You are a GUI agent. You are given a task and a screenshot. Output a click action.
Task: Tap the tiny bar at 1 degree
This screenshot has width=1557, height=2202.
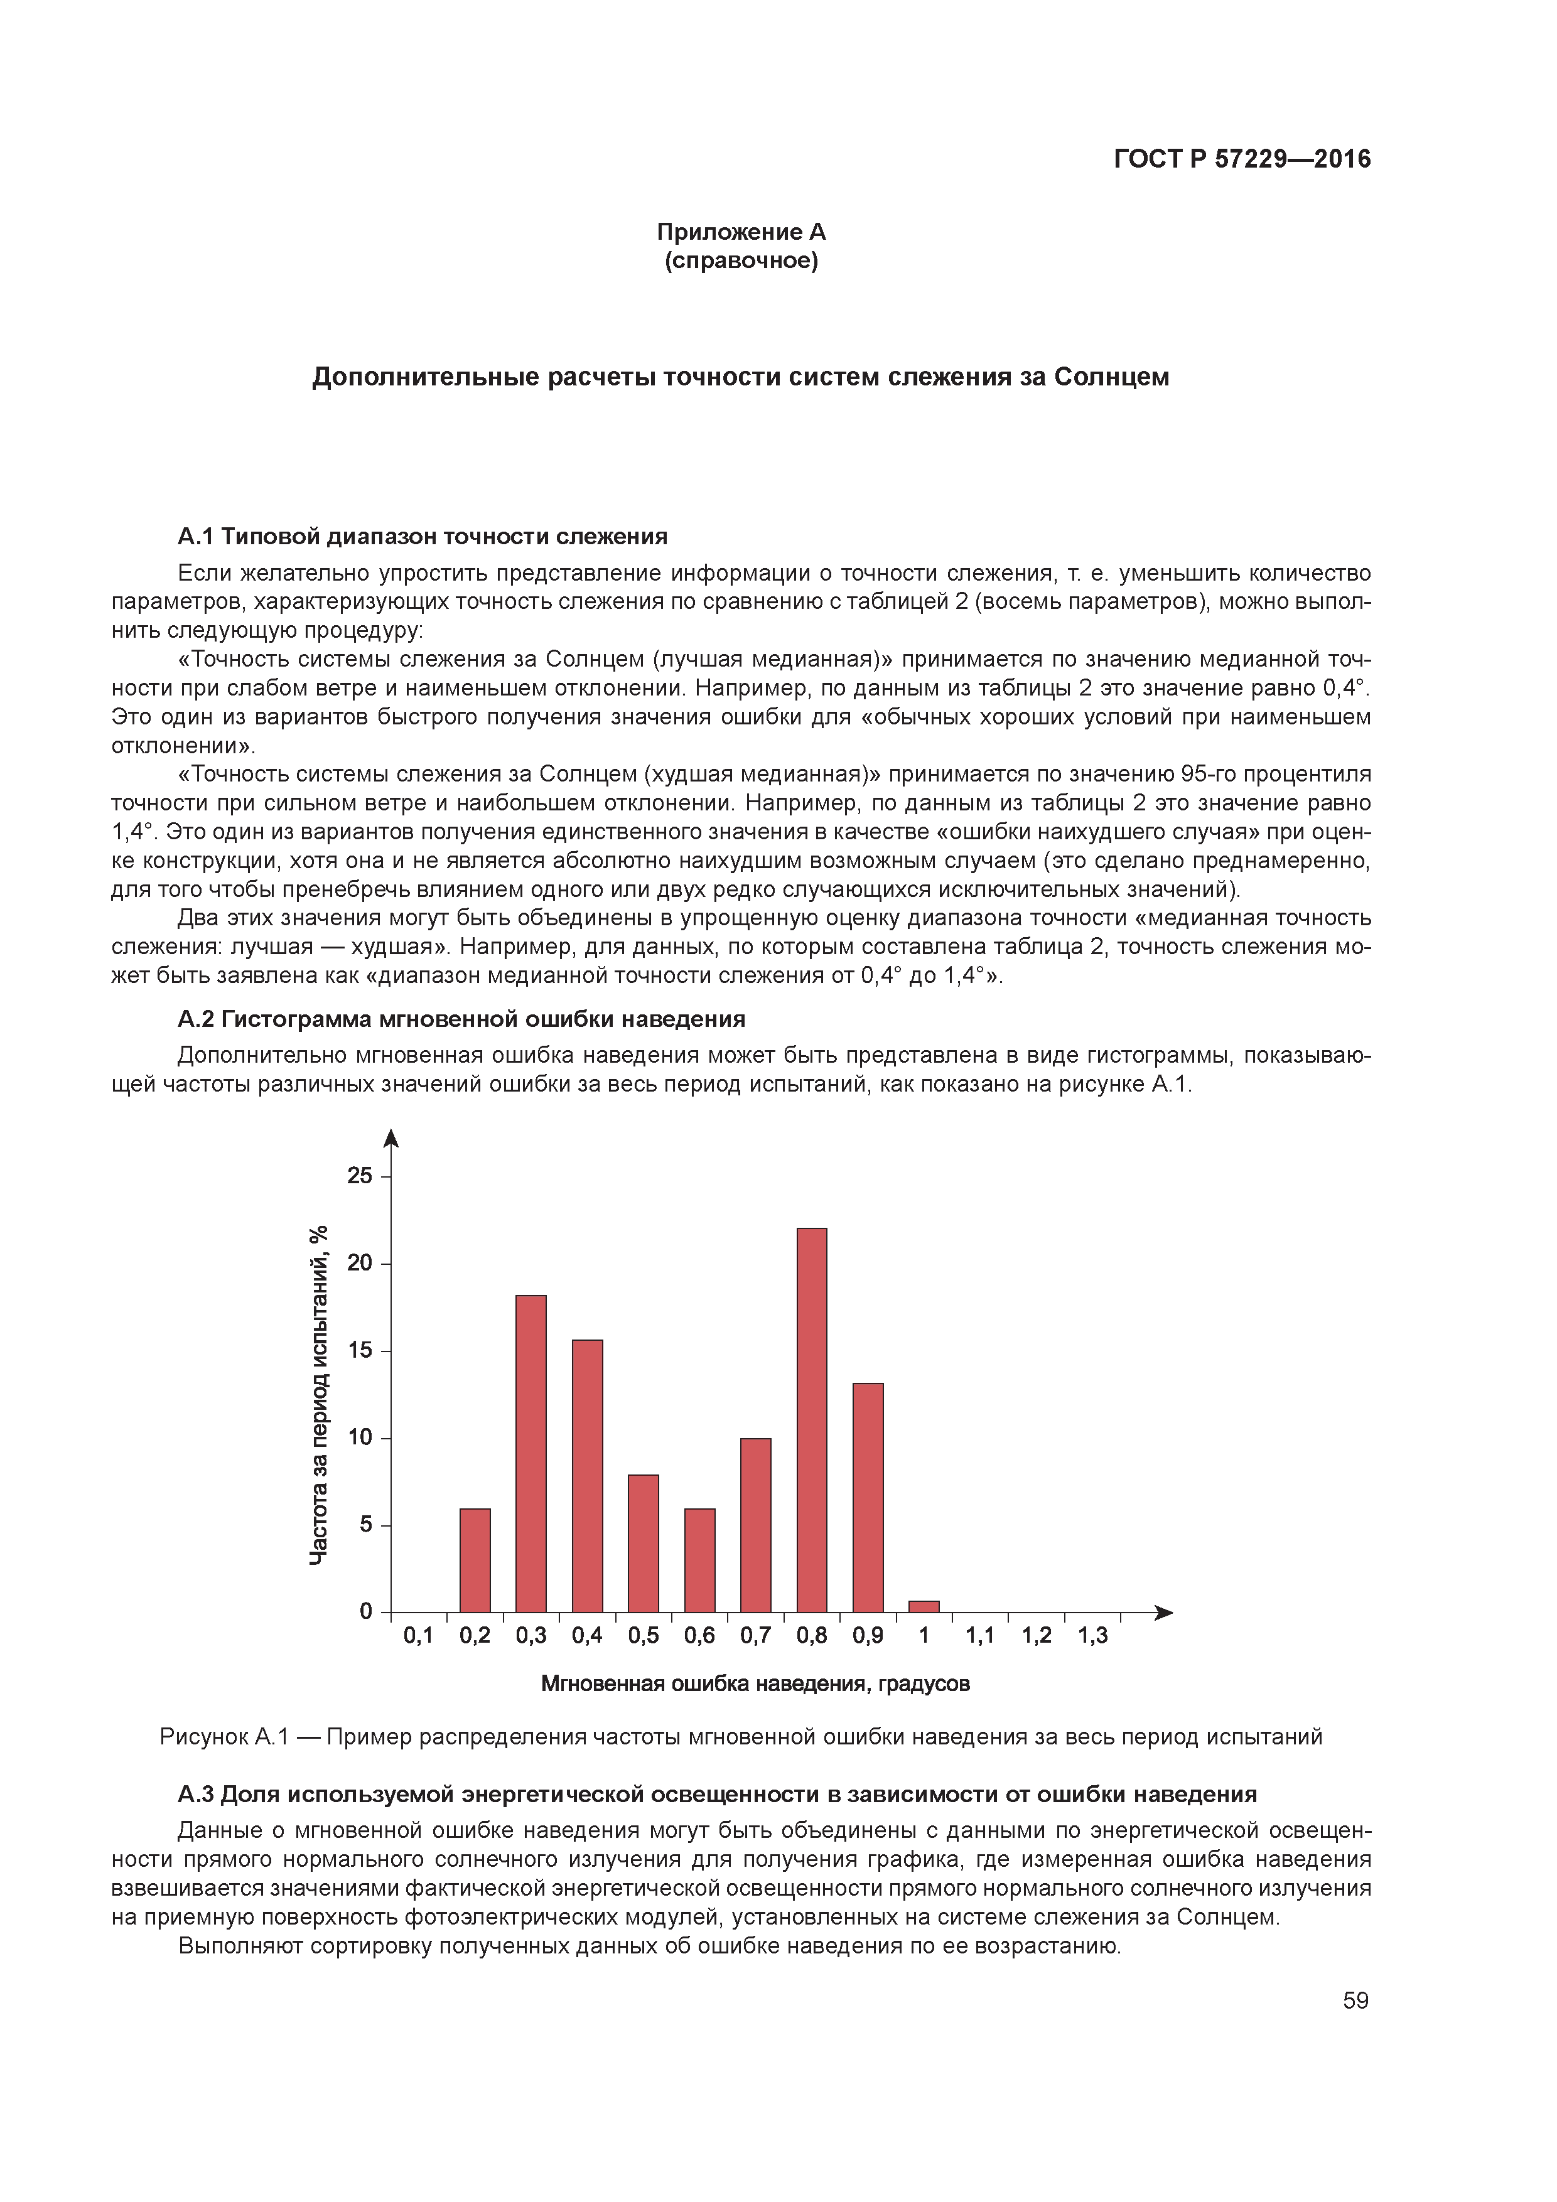(924, 1606)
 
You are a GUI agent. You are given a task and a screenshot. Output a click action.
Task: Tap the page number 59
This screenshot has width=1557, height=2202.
(1355, 2001)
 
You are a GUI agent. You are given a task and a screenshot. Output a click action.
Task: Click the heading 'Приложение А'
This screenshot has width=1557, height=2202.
(741, 232)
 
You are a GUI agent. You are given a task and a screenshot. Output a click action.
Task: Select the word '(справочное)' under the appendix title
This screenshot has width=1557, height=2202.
(741, 261)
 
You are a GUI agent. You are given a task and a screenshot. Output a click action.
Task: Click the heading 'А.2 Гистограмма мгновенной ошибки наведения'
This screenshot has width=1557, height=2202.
(461, 1019)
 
